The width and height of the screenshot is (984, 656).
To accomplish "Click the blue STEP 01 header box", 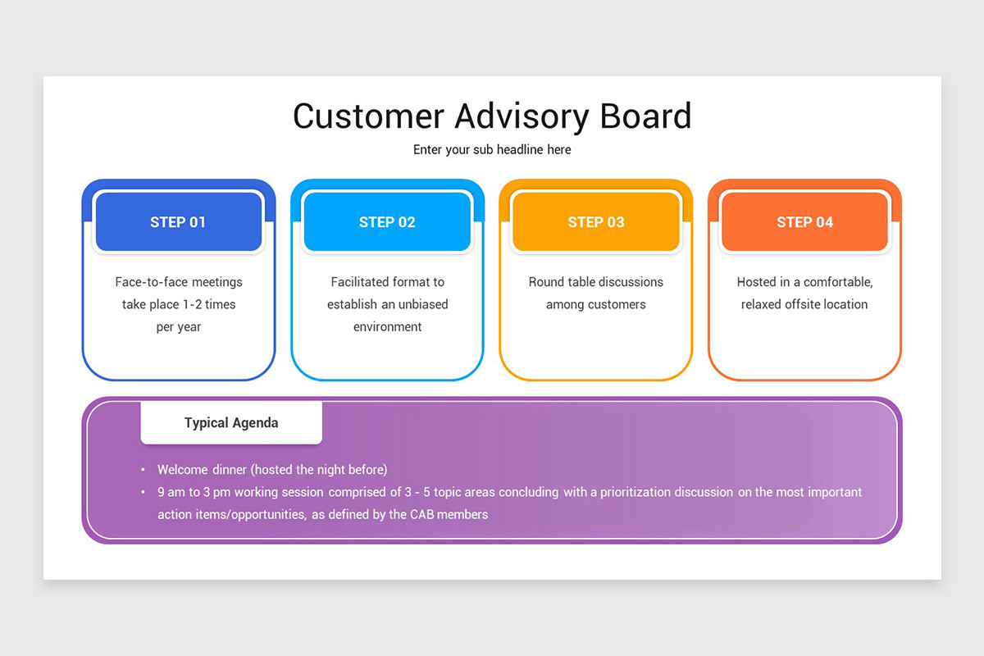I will point(179,222).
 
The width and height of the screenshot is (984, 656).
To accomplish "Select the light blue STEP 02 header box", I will point(387,222).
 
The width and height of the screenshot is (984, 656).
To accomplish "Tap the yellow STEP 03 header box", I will point(596,222).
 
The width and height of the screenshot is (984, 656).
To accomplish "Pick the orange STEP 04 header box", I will point(804,222).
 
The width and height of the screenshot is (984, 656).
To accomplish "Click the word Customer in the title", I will point(367,116).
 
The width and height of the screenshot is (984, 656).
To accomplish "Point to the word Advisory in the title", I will point(521,116).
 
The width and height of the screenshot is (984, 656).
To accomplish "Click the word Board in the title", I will point(645,116).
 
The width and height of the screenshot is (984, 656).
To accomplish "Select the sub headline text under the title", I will point(492,150).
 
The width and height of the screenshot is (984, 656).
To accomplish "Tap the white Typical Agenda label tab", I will point(231,423).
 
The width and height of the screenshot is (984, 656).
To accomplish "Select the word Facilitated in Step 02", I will point(360,282).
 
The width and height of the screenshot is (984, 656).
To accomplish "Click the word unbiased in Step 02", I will point(422,304).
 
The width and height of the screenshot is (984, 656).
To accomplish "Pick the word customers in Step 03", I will point(617,304).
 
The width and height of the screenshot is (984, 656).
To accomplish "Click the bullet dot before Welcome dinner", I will point(143,471).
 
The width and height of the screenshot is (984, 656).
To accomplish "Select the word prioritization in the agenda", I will point(635,492).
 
